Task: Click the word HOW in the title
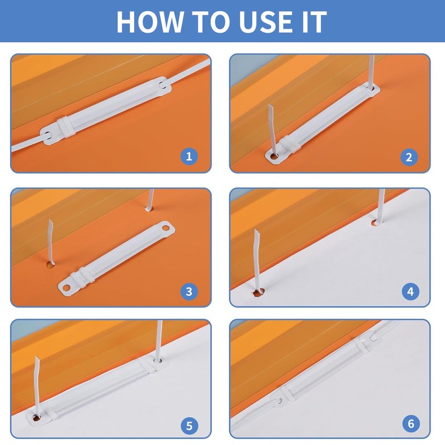tap(150, 22)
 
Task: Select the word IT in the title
tap(314, 22)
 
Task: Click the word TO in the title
tap(211, 22)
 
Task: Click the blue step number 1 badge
tap(189, 156)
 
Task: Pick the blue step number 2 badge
tap(409, 157)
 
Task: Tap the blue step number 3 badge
tap(189, 291)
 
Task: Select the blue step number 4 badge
tap(411, 291)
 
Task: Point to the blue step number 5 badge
tap(189, 426)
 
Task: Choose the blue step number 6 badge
tap(411, 423)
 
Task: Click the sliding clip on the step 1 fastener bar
tap(66, 127)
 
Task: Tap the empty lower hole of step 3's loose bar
tap(67, 288)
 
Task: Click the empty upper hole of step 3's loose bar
tap(165, 228)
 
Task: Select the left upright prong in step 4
tap(258, 260)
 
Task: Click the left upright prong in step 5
tap(37, 387)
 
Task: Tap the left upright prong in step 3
tap(51, 241)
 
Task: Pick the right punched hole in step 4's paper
tap(377, 222)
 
